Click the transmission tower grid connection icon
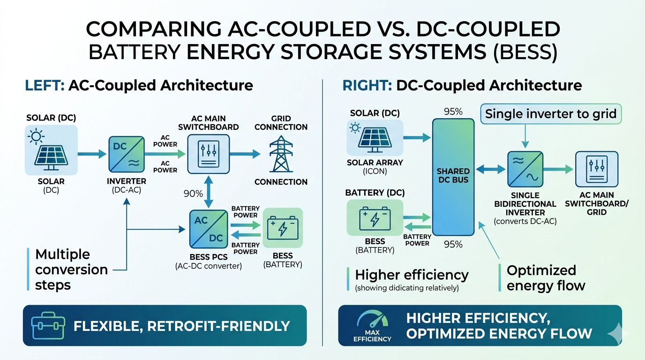tap(280, 154)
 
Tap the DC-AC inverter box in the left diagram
tap(127, 154)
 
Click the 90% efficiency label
tap(193, 194)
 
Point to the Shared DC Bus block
tap(453, 177)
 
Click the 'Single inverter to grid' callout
tap(550, 114)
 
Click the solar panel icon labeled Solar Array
tap(375, 137)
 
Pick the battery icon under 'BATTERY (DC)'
tap(375, 217)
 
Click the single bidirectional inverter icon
tap(525, 169)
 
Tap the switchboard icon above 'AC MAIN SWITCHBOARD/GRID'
tap(597, 170)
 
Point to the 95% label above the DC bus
tap(453, 112)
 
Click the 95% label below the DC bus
tap(453, 244)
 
